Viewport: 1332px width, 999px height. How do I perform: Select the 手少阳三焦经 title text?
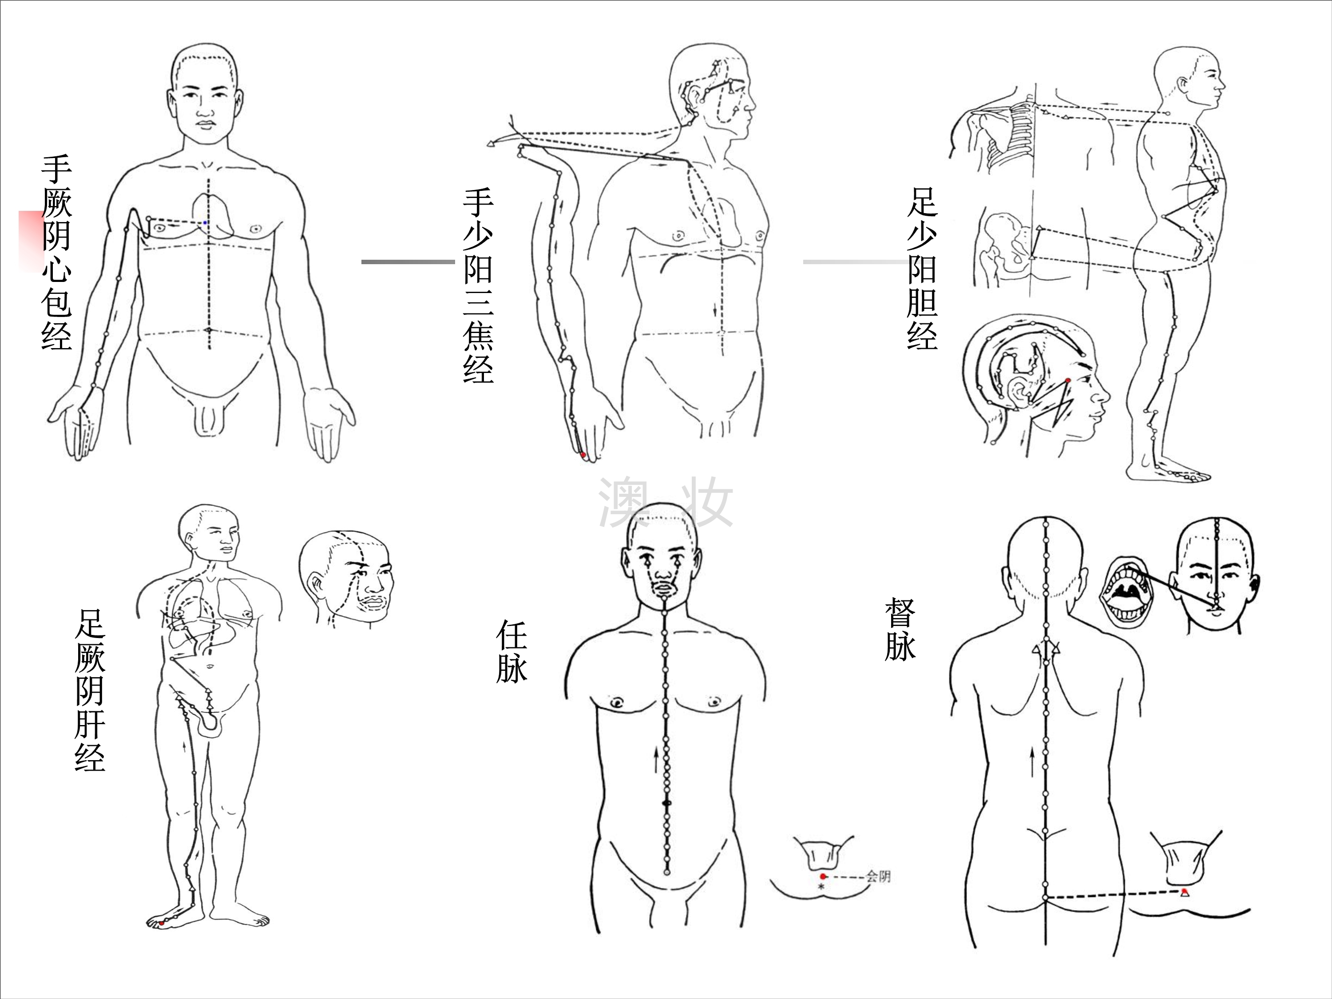478,285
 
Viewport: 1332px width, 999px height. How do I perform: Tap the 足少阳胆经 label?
922,269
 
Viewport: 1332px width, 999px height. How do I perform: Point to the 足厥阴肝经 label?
90,690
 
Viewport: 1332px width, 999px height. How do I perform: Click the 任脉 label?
511,651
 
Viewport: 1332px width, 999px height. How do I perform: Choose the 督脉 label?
900,629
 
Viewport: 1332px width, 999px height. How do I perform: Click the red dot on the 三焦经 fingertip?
583,455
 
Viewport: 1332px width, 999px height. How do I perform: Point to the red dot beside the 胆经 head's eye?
1068,381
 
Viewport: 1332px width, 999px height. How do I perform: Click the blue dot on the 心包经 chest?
205,223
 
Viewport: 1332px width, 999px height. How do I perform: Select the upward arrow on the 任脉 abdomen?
656,760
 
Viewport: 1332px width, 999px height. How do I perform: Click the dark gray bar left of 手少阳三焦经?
408,262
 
